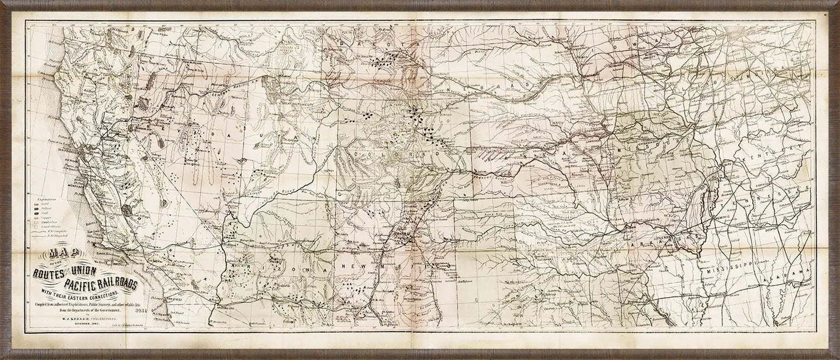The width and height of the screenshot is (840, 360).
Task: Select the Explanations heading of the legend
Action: pos(44,199)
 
